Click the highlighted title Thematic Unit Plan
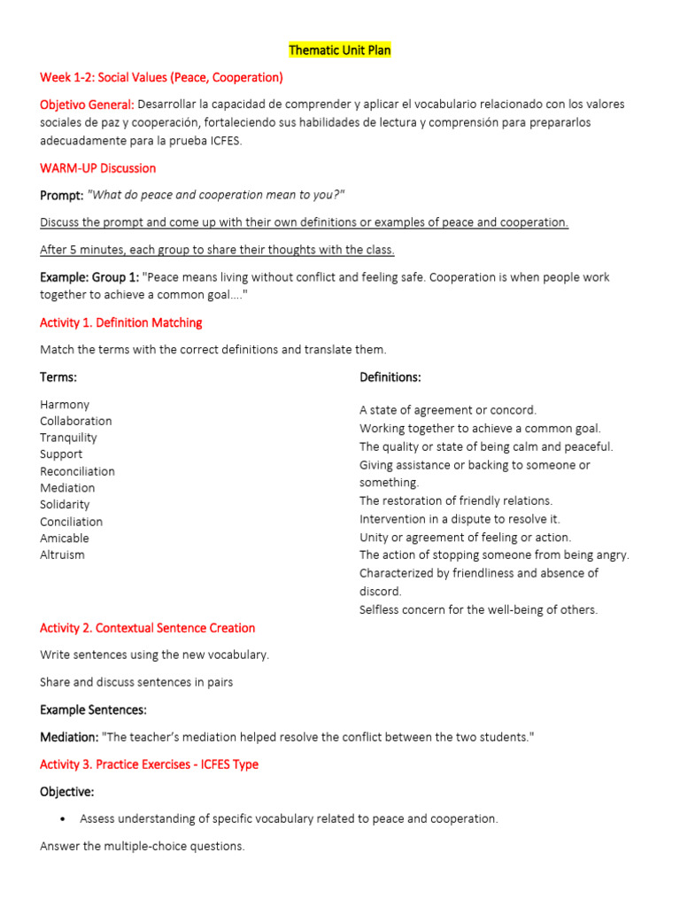(x=339, y=50)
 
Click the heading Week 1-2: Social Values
(x=161, y=77)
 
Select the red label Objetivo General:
(x=87, y=105)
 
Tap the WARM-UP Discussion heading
(x=97, y=168)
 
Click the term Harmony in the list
(x=65, y=405)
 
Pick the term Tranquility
(x=68, y=438)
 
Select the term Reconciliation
(x=77, y=471)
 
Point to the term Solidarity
(x=65, y=505)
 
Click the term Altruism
(x=62, y=555)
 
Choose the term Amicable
(x=64, y=539)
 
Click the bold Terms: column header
(x=58, y=377)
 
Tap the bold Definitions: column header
(x=390, y=377)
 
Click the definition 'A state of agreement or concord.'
(x=448, y=410)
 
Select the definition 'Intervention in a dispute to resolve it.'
(x=460, y=519)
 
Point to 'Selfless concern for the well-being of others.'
(x=478, y=609)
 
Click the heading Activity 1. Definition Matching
(x=120, y=322)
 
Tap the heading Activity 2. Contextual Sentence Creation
(x=147, y=628)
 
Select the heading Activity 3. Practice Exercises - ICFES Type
(x=149, y=764)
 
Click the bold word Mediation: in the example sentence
(x=69, y=737)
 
